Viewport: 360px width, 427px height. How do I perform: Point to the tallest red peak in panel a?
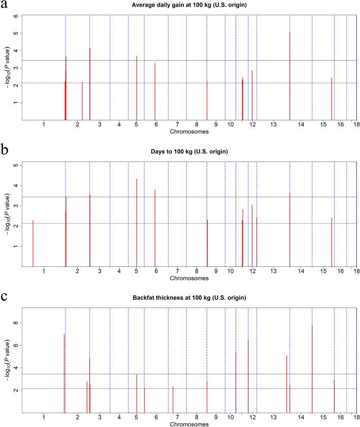point(289,34)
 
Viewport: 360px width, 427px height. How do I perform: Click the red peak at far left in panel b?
point(33,221)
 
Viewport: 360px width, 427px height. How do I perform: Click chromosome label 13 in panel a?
point(273,125)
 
